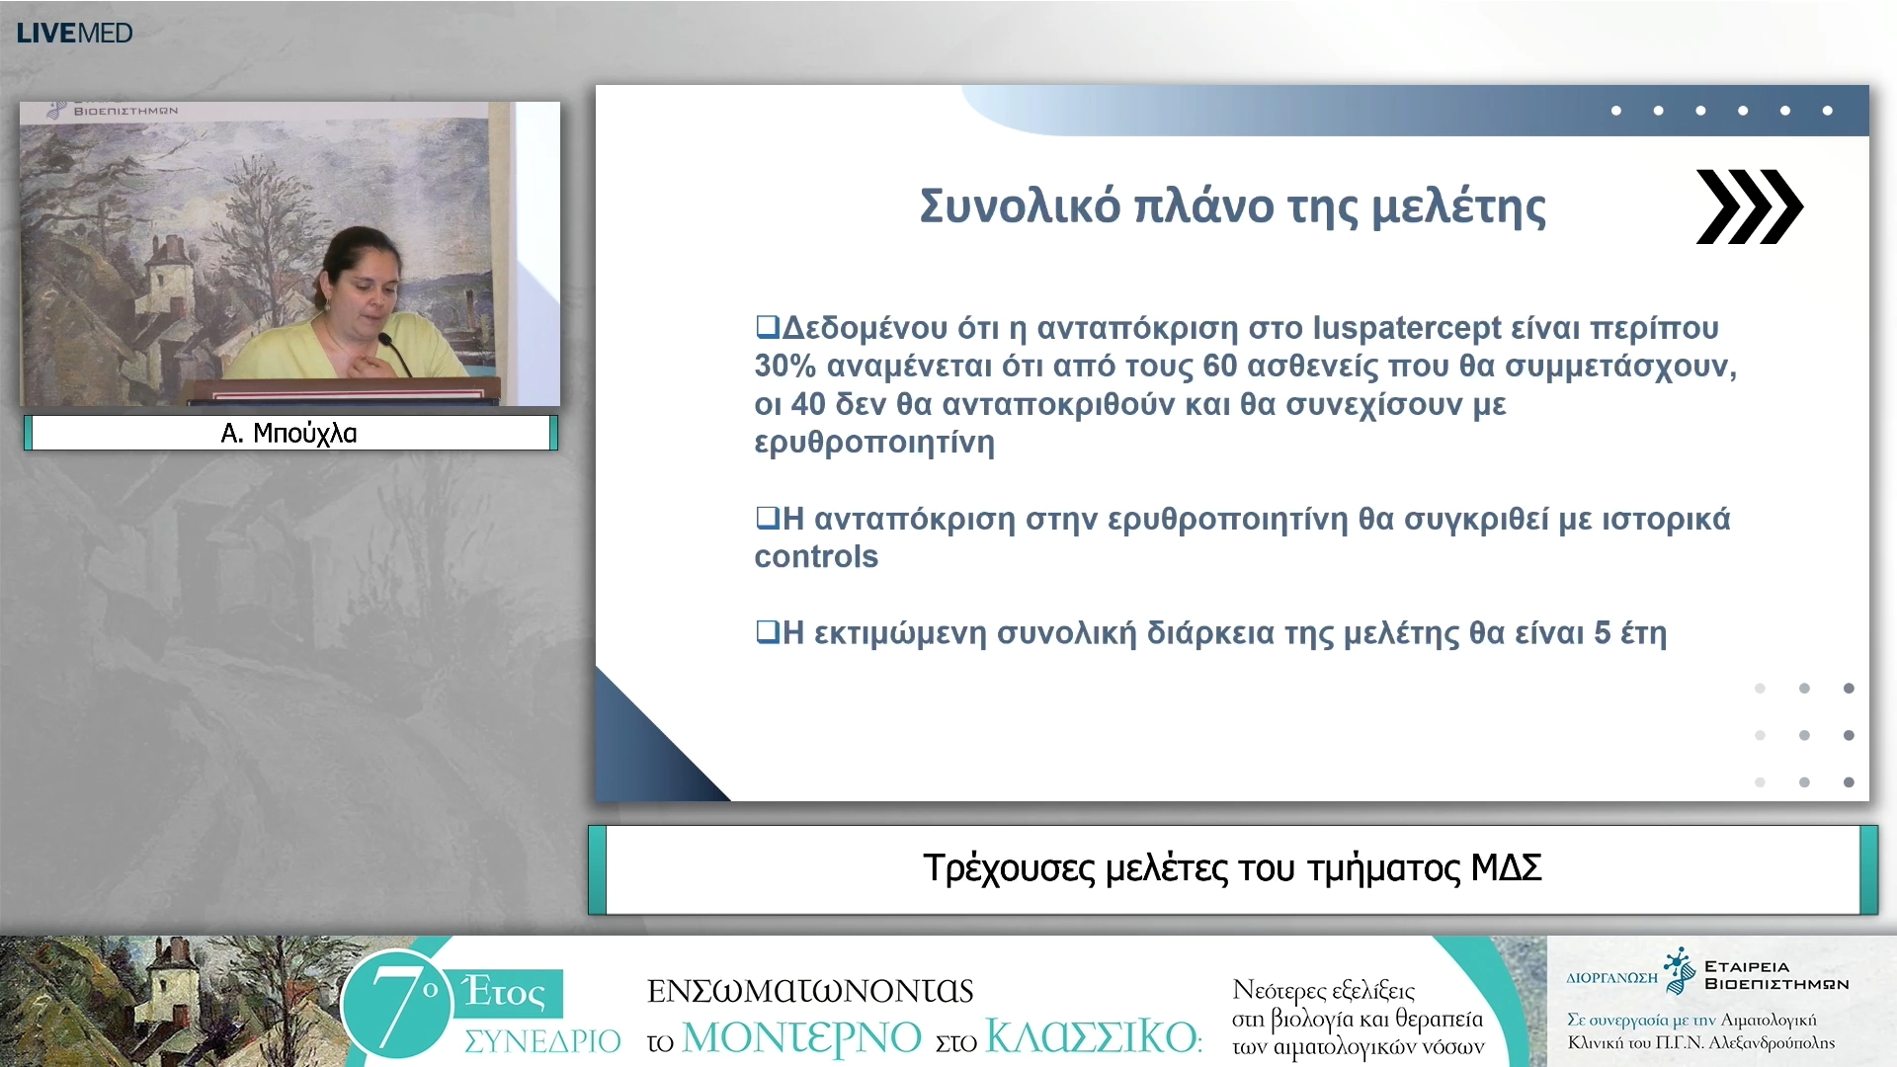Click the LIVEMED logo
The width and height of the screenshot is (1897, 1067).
74,33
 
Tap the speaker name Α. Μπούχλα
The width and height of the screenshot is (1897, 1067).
289,433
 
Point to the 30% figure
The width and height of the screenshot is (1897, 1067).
784,366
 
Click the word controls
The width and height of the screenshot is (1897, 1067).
816,556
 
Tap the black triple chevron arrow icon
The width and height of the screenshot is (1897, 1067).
1749,206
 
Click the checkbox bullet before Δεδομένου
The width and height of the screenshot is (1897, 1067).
767,326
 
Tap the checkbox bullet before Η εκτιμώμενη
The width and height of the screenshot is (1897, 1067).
767,631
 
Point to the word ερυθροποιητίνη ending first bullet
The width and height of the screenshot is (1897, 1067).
874,442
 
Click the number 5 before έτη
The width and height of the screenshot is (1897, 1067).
1602,632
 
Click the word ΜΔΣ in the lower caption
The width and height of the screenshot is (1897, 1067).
1506,867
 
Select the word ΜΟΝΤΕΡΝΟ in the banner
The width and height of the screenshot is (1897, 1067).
801,1037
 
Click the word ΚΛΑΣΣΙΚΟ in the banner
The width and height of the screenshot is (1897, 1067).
1091,1037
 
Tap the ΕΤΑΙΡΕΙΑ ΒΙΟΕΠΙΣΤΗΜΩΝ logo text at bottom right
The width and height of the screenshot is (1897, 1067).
1774,975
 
